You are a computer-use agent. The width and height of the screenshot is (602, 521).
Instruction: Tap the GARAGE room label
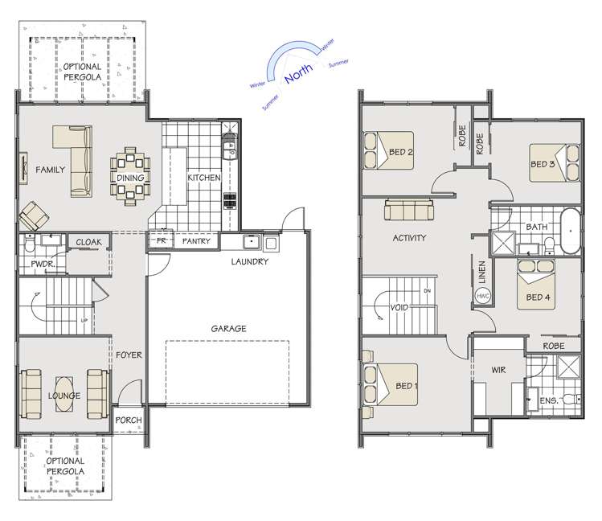[228, 328]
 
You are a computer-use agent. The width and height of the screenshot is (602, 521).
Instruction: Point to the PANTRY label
[196, 240]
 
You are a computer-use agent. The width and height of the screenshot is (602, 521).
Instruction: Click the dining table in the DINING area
[130, 177]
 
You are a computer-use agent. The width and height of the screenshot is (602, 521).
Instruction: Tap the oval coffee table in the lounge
[63, 396]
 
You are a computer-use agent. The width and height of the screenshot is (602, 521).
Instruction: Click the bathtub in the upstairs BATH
[569, 231]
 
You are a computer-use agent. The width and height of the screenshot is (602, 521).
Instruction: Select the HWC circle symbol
[483, 296]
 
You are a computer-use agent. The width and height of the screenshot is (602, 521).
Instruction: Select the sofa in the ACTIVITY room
[407, 211]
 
